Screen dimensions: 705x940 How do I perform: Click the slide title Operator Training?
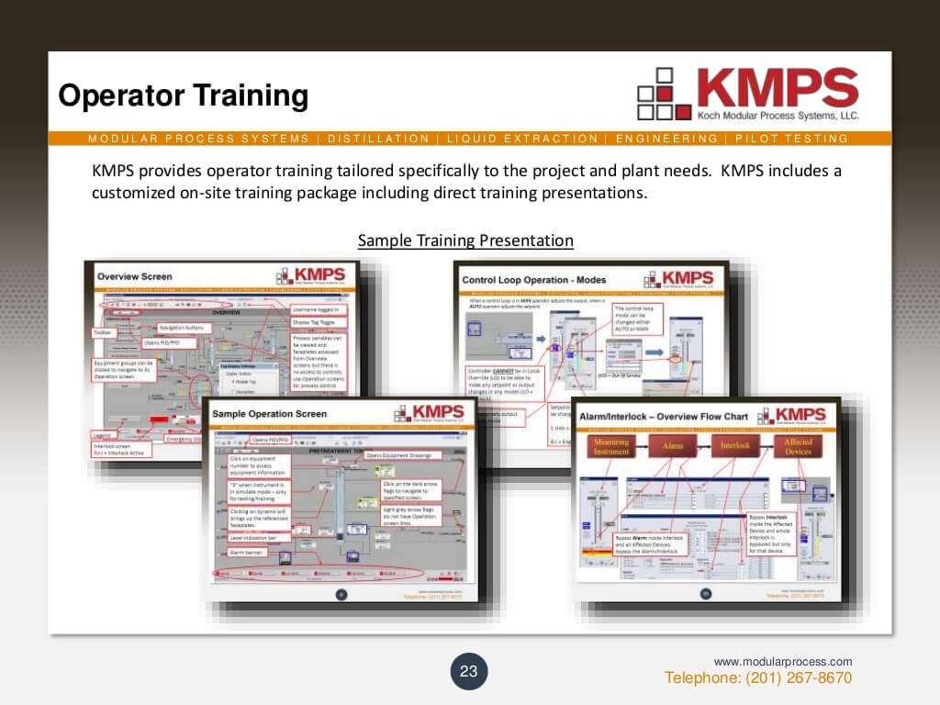pyautogui.click(x=183, y=96)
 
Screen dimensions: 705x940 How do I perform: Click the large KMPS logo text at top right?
pyautogui.click(x=777, y=88)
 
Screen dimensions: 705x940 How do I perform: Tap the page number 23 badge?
pyautogui.click(x=469, y=671)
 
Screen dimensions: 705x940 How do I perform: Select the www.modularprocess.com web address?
pyautogui.click(x=783, y=662)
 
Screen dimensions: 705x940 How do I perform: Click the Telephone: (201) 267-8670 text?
pyautogui.click(x=758, y=678)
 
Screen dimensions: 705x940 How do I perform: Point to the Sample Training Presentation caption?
pyautogui.click(x=465, y=241)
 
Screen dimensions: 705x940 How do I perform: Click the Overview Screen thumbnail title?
pyautogui.click(x=135, y=276)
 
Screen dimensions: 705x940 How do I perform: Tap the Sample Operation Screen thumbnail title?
pyautogui.click(x=270, y=413)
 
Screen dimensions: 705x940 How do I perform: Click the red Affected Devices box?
pyautogui.click(x=797, y=446)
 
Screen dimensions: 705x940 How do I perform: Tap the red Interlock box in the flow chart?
pyautogui.click(x=734, y=446)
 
